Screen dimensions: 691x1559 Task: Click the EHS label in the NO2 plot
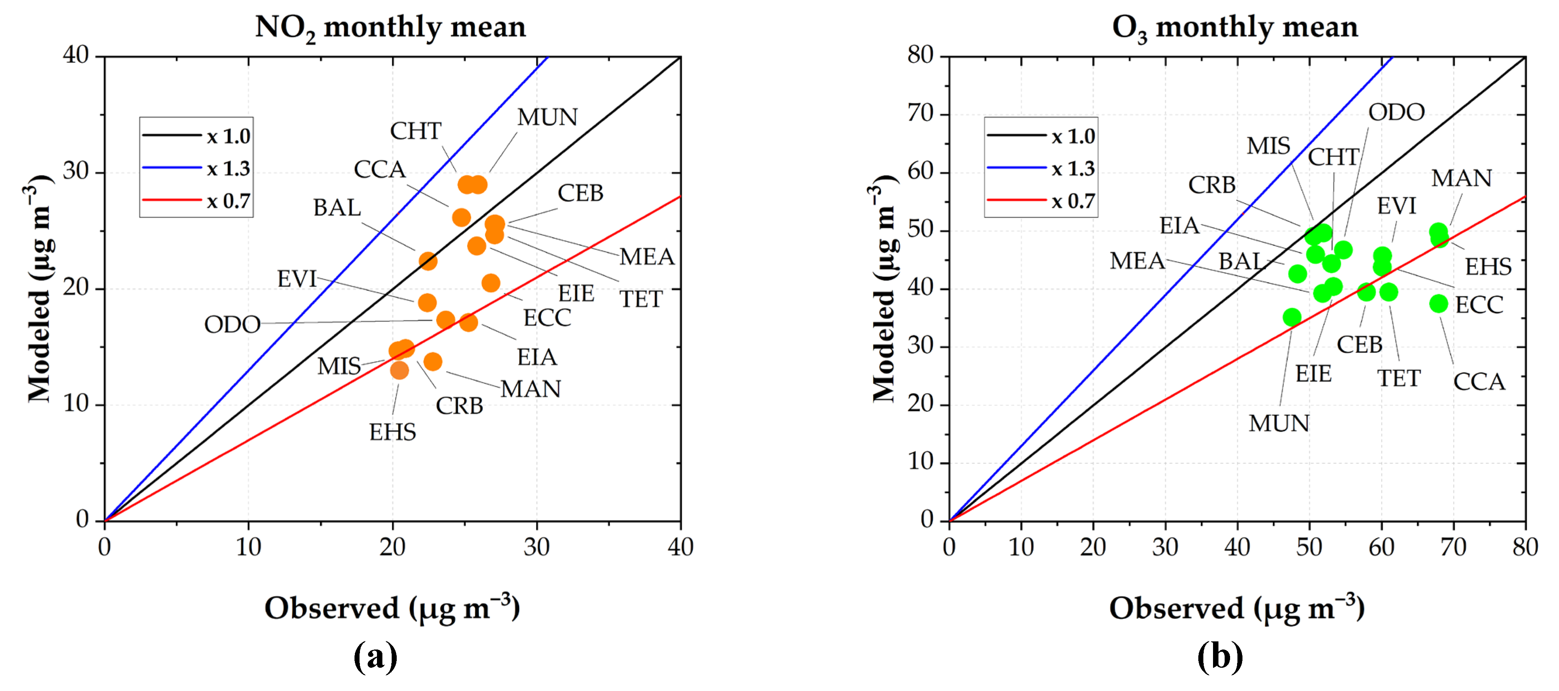(x=393, y=432)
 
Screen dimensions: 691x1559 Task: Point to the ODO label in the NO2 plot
(x=232, y=325)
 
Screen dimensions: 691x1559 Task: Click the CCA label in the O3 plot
(x=1478, y=382)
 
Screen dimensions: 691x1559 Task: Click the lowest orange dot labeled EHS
(x=399, y=370)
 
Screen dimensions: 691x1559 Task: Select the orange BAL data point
(x=428, y=261)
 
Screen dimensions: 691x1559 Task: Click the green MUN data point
(x=1292, y=317)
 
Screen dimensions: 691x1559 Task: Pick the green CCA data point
(x=1439, y=303)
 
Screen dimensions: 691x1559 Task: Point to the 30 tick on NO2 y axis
(x=77, y=172)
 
